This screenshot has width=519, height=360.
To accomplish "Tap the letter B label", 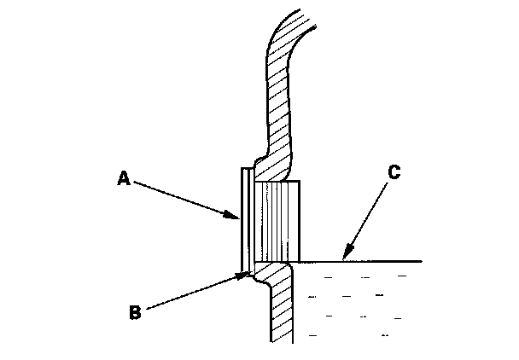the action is coord(133,311).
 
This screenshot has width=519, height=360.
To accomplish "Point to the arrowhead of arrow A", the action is coord(238,219).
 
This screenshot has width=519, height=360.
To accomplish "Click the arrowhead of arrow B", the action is coord(248,274).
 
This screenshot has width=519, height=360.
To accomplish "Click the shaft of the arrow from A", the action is coord(184,199).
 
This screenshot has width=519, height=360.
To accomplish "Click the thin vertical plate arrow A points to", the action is coord(244,218).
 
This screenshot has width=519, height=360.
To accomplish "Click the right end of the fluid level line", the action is coord(421,260).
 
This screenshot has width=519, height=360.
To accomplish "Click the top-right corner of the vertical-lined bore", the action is coord(300,181).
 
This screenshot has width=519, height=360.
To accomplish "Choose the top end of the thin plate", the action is coord(244,170).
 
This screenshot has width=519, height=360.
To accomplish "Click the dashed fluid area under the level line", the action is coord(359,303).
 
